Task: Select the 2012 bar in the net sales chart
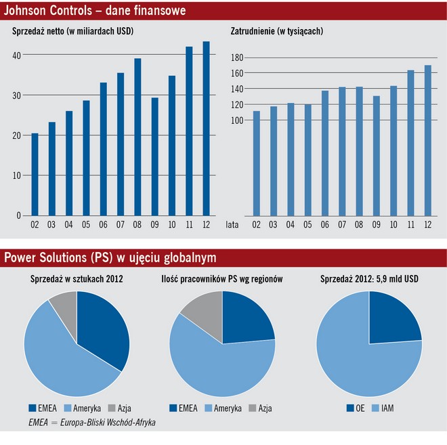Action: click(206, 129)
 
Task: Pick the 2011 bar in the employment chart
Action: click(410, 142)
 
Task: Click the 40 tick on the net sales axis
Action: click(17, 55)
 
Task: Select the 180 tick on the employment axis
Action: click(236, 57)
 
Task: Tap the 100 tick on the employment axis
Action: click(236, 121)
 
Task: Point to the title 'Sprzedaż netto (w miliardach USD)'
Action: click(73, 31)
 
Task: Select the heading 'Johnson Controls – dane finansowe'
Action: click(95, 12)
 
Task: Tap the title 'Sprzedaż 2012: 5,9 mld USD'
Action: click(368, 279)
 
